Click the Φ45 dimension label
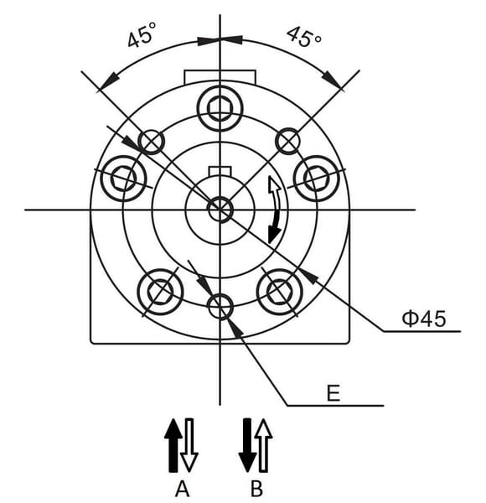424,319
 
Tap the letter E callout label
333,393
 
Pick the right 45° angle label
303,36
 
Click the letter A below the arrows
182,490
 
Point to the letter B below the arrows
256,490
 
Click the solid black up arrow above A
173,445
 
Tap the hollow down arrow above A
189,445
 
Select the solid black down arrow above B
247,445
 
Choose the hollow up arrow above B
263,445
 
